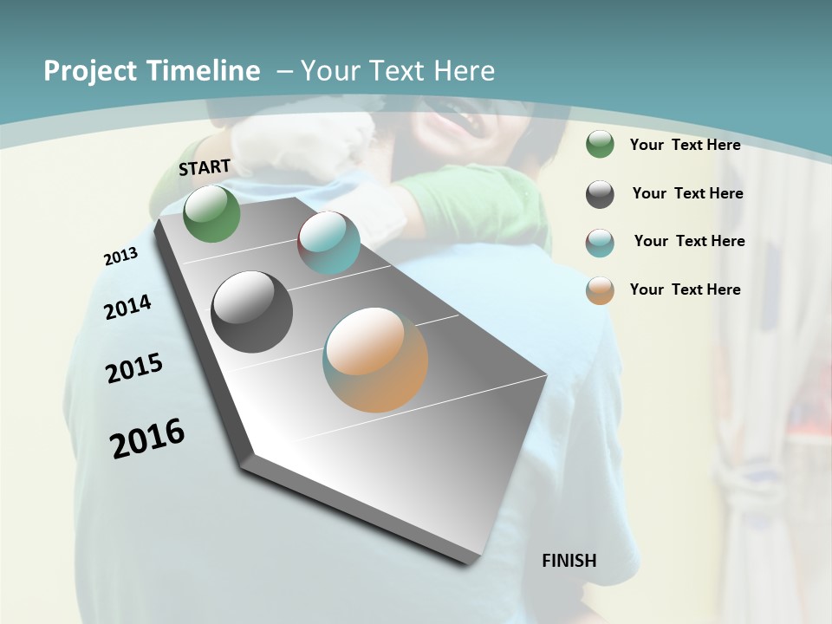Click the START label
pos(205,167)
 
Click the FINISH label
pos(569,561)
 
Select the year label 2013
pos(120,257)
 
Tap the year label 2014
pos(127,308)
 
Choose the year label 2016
pos(147,439)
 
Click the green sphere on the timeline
pos(211,213)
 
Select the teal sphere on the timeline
pos(328,243)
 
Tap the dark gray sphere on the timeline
pos(251,312)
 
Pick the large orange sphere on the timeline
pos(375,360)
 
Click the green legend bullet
pos(600,145)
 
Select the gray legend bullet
pos(600,194)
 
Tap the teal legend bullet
pos(600,243)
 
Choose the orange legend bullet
pos(600,290)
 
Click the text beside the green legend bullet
pos(685,145)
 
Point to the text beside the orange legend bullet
pos(685,289)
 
